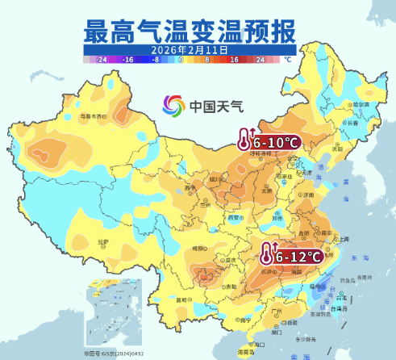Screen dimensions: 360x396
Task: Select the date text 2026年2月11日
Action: point(190,49)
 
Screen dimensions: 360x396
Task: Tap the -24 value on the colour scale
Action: point(101,60)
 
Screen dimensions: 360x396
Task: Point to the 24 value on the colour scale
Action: point(260,60)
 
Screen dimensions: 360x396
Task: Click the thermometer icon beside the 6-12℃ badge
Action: point(266,255)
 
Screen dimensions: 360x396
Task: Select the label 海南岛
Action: point(244,353)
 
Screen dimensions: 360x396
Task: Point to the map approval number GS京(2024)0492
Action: point(113,353)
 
